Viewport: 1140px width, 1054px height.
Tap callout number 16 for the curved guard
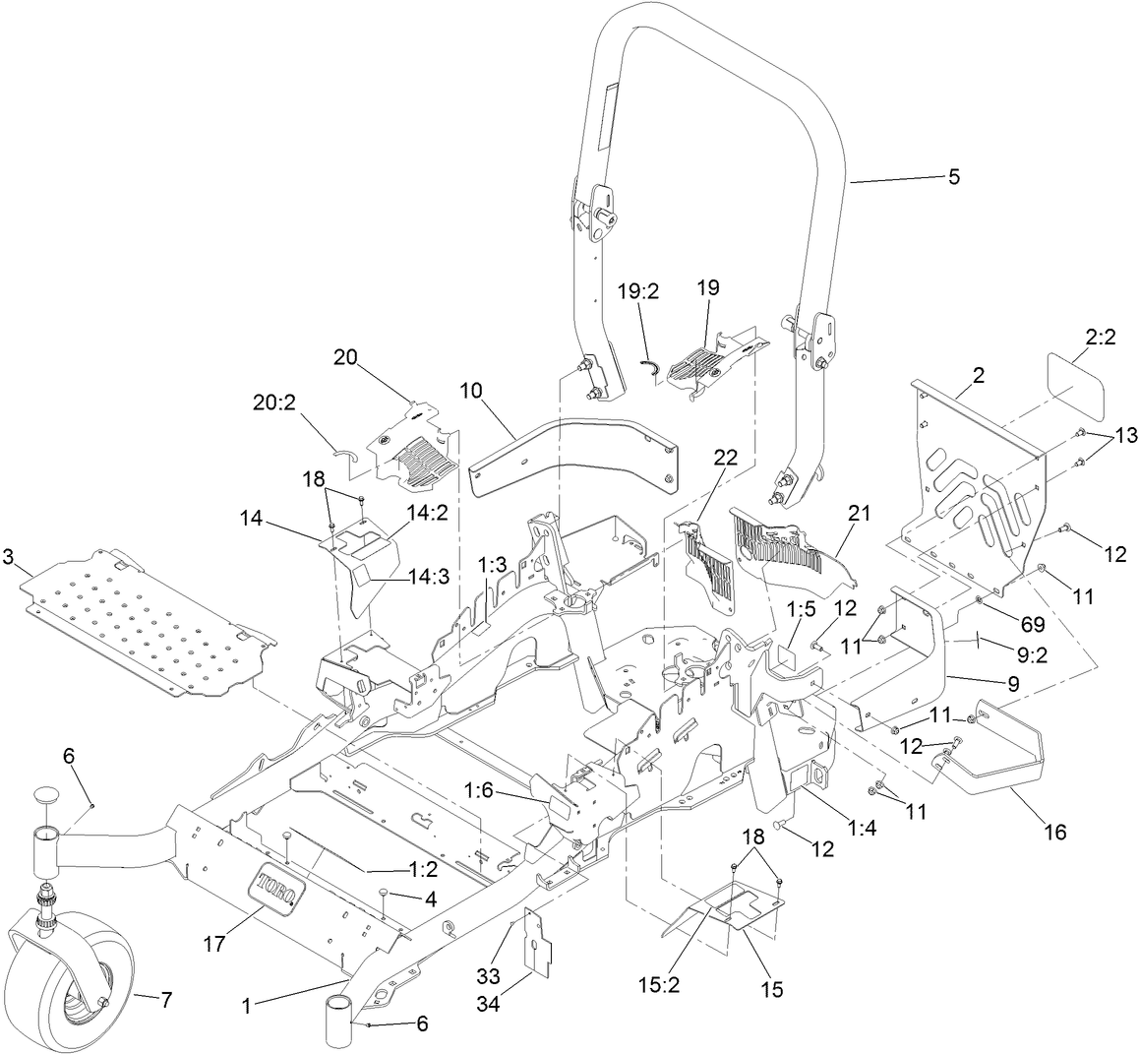(x=1053, y=832)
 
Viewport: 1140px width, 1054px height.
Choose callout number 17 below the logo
(x=215, y=943)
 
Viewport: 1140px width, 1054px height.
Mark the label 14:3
(x=429, y=578)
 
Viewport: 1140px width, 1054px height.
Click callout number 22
(x=725, y=459)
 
